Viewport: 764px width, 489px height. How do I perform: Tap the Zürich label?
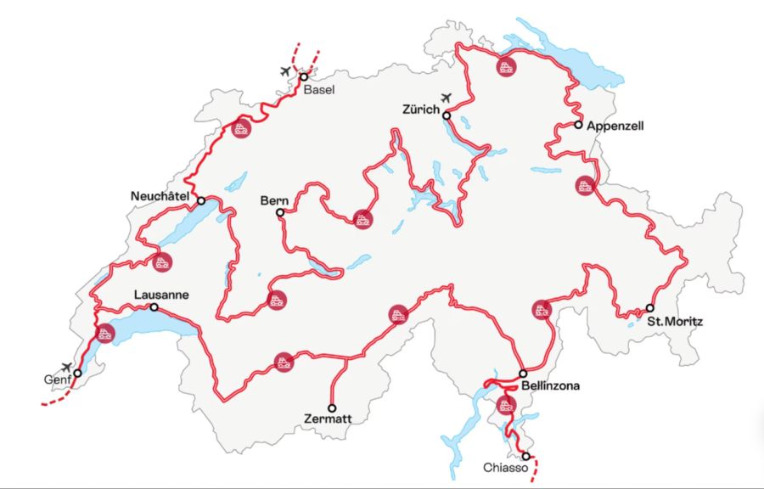pos(421,110)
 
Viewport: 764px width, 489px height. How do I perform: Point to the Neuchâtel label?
pos(159,196)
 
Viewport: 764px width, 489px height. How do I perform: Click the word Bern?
pos(275,201)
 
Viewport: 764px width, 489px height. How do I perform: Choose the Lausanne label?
pos(160,295)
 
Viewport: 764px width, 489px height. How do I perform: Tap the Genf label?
pos(58,380)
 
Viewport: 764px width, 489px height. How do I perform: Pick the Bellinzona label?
pos(551,386)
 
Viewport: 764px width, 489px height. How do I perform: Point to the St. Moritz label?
pos(675,322)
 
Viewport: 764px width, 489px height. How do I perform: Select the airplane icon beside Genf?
pos(67,367)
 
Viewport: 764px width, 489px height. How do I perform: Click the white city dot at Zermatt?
pos(332,407)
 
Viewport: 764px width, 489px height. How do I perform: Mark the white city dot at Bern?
pos(280,213)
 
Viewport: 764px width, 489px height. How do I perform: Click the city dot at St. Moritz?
pos(649,307)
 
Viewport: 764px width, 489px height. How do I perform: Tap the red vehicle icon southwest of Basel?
pos(241,130)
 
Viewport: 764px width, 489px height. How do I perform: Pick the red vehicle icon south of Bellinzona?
pos(507,404)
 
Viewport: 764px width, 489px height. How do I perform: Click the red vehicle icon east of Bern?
pos(362,218)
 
